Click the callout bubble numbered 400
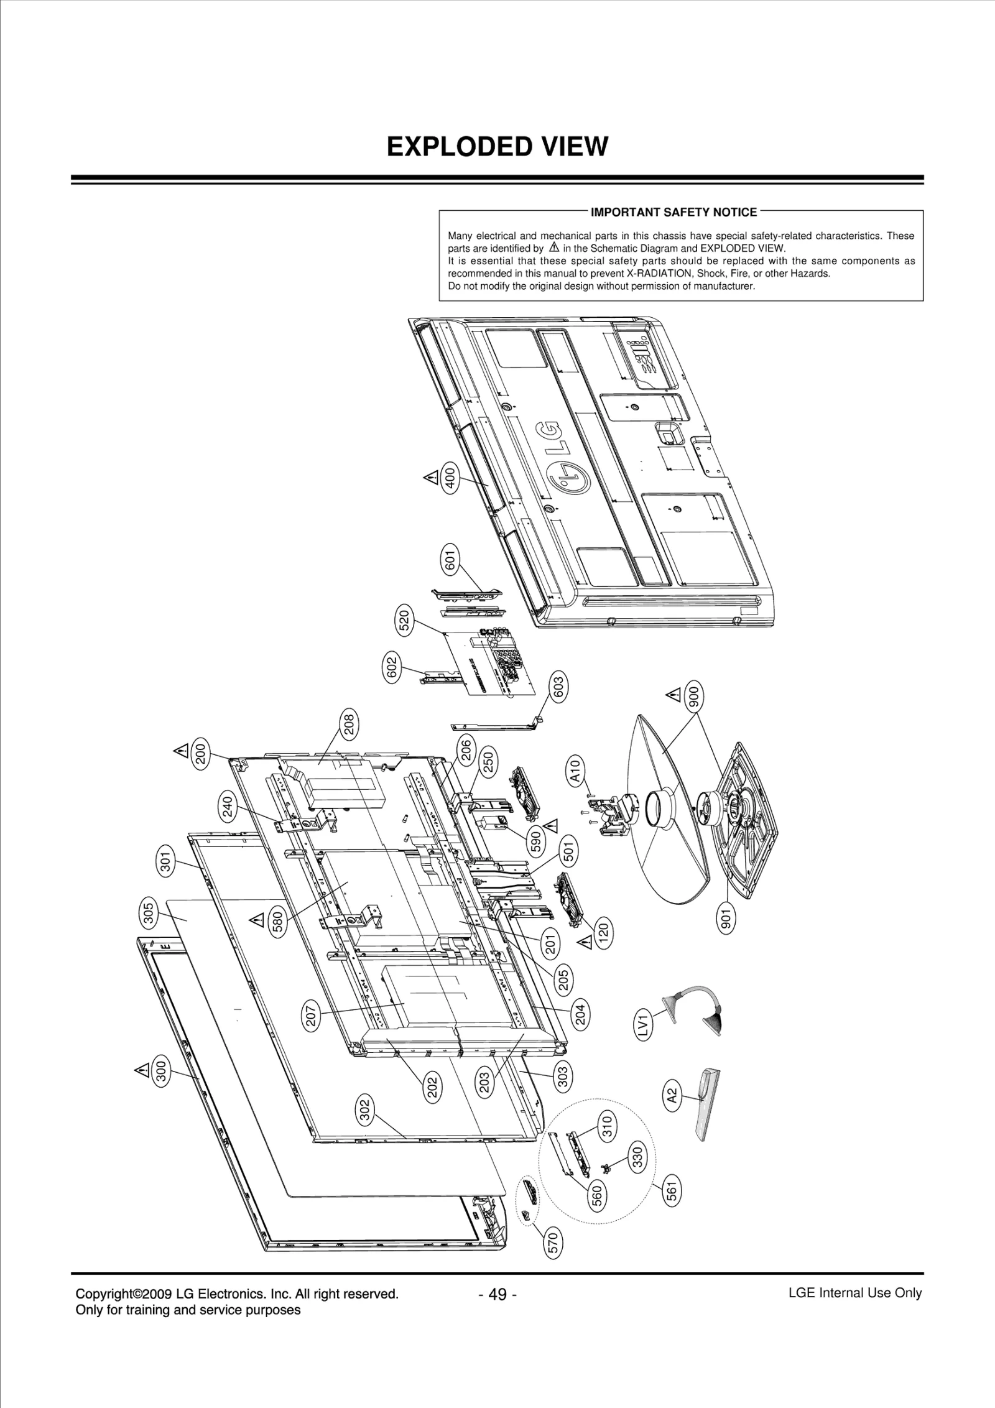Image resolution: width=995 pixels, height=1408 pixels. [x=451, y=478]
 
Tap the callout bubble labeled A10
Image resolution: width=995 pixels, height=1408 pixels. [x=575, y=771]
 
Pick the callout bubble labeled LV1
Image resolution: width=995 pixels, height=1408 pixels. [x=644, y=1025]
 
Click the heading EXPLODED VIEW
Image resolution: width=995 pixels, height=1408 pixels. [x=497, y=147]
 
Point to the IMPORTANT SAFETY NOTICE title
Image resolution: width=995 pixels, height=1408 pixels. [x=673, y=212]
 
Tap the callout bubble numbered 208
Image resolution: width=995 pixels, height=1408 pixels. [x=349, y=725]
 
